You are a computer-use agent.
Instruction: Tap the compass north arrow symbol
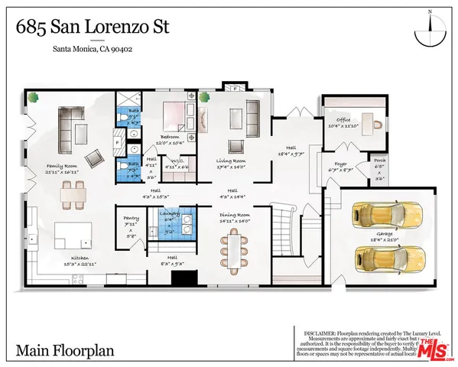tap(430, 31)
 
